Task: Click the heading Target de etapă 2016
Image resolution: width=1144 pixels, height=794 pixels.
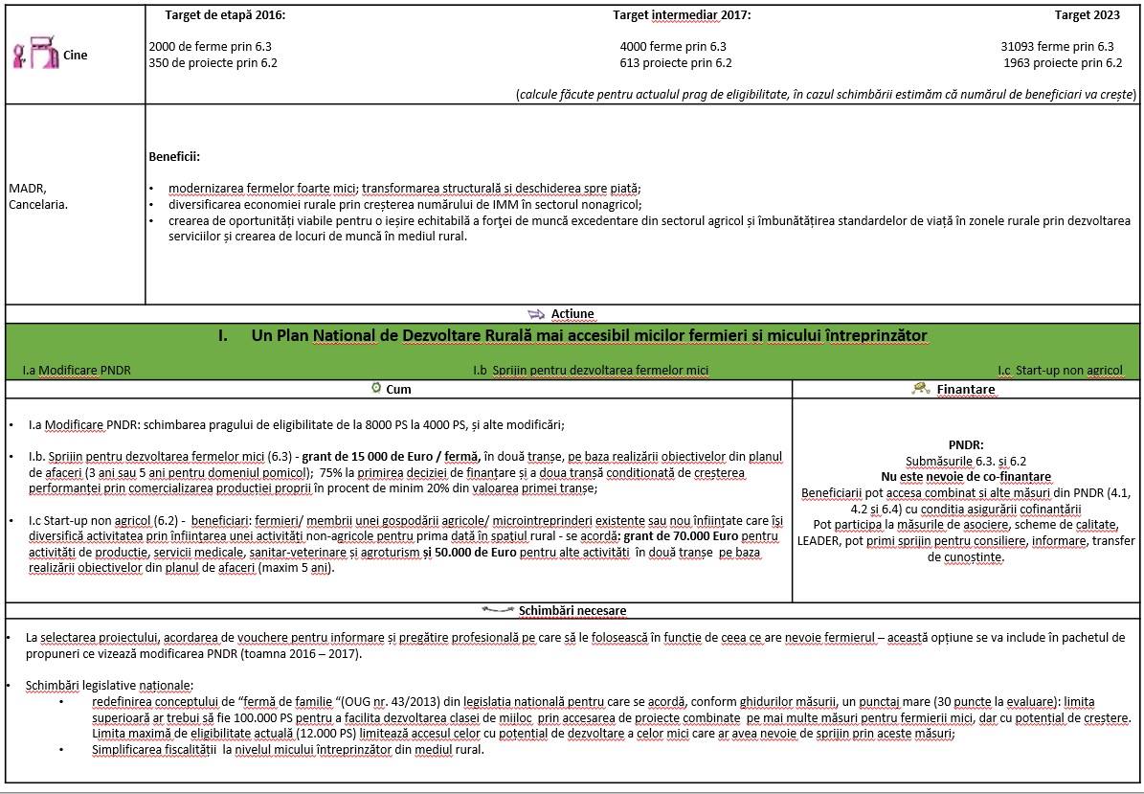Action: click(x=225, y=15)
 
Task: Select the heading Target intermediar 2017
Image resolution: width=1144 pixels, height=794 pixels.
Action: click(x=682, y=15)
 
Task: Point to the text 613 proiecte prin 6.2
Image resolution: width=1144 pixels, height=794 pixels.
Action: click(x=676, y=63)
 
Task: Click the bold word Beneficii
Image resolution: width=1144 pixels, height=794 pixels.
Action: click(x=174, y=156)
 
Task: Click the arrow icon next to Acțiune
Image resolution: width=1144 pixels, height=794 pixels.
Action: click(x=536, y=313)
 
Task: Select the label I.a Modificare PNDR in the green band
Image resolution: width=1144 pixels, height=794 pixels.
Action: click(x=77, y=370)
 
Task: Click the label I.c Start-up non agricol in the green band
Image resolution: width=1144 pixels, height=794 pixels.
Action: click(x=1060, y=370)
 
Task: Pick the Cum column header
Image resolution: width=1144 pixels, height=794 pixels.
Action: click(x=398, y=389)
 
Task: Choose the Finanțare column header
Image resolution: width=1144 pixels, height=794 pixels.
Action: click(x=965, y=390)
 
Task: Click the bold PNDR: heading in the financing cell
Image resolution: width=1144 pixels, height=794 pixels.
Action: click(x=965, y=445)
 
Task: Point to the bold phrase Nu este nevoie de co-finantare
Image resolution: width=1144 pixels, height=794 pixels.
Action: click(x=965, y=477)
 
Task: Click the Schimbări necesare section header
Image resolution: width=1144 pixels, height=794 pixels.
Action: click(x=572, y=610)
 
